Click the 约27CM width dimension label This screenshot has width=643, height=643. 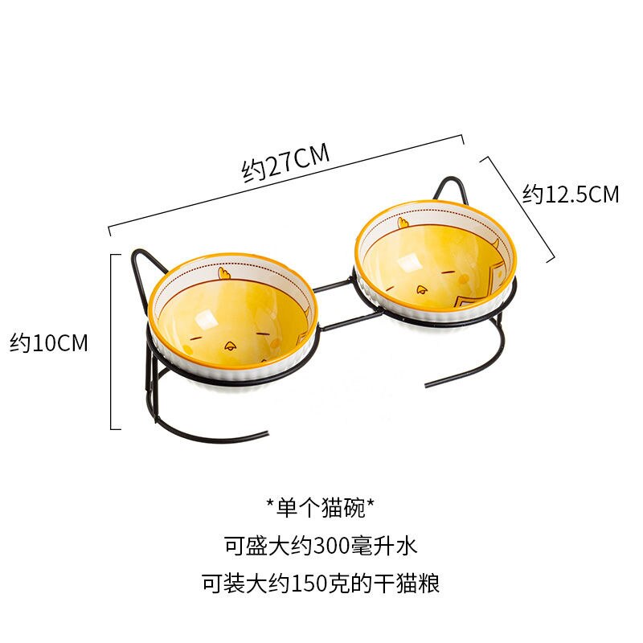coord(286,162)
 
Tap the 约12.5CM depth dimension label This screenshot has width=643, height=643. coord(571,194)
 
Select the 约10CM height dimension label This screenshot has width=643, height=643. coord(49,343)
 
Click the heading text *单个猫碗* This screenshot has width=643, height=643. coord(320,508)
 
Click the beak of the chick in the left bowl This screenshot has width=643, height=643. coord(230,347)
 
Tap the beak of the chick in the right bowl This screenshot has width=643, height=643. coord(422,291)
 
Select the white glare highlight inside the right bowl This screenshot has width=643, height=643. coord(408,263)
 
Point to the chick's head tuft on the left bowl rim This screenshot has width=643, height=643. coord(223,273)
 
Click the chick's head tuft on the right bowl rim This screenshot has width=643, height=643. coord(403,223)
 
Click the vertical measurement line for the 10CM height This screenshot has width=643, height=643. coord(111,342)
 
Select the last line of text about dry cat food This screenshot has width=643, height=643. coord(321,584)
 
